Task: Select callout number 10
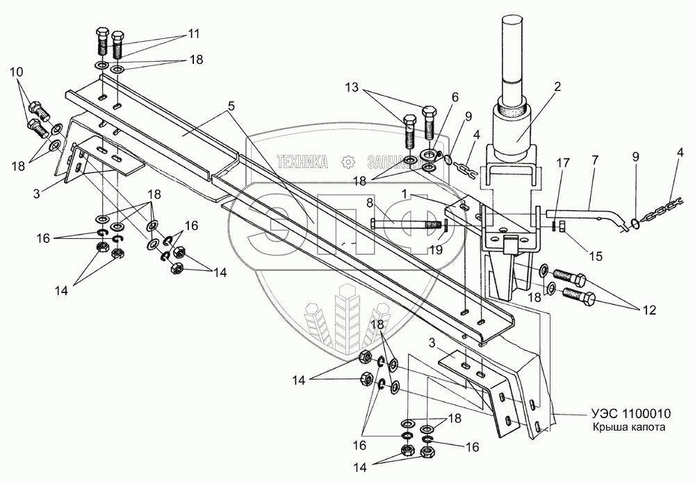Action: click(x=16, y=72)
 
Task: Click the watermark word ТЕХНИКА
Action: click(x=303, y=162)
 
